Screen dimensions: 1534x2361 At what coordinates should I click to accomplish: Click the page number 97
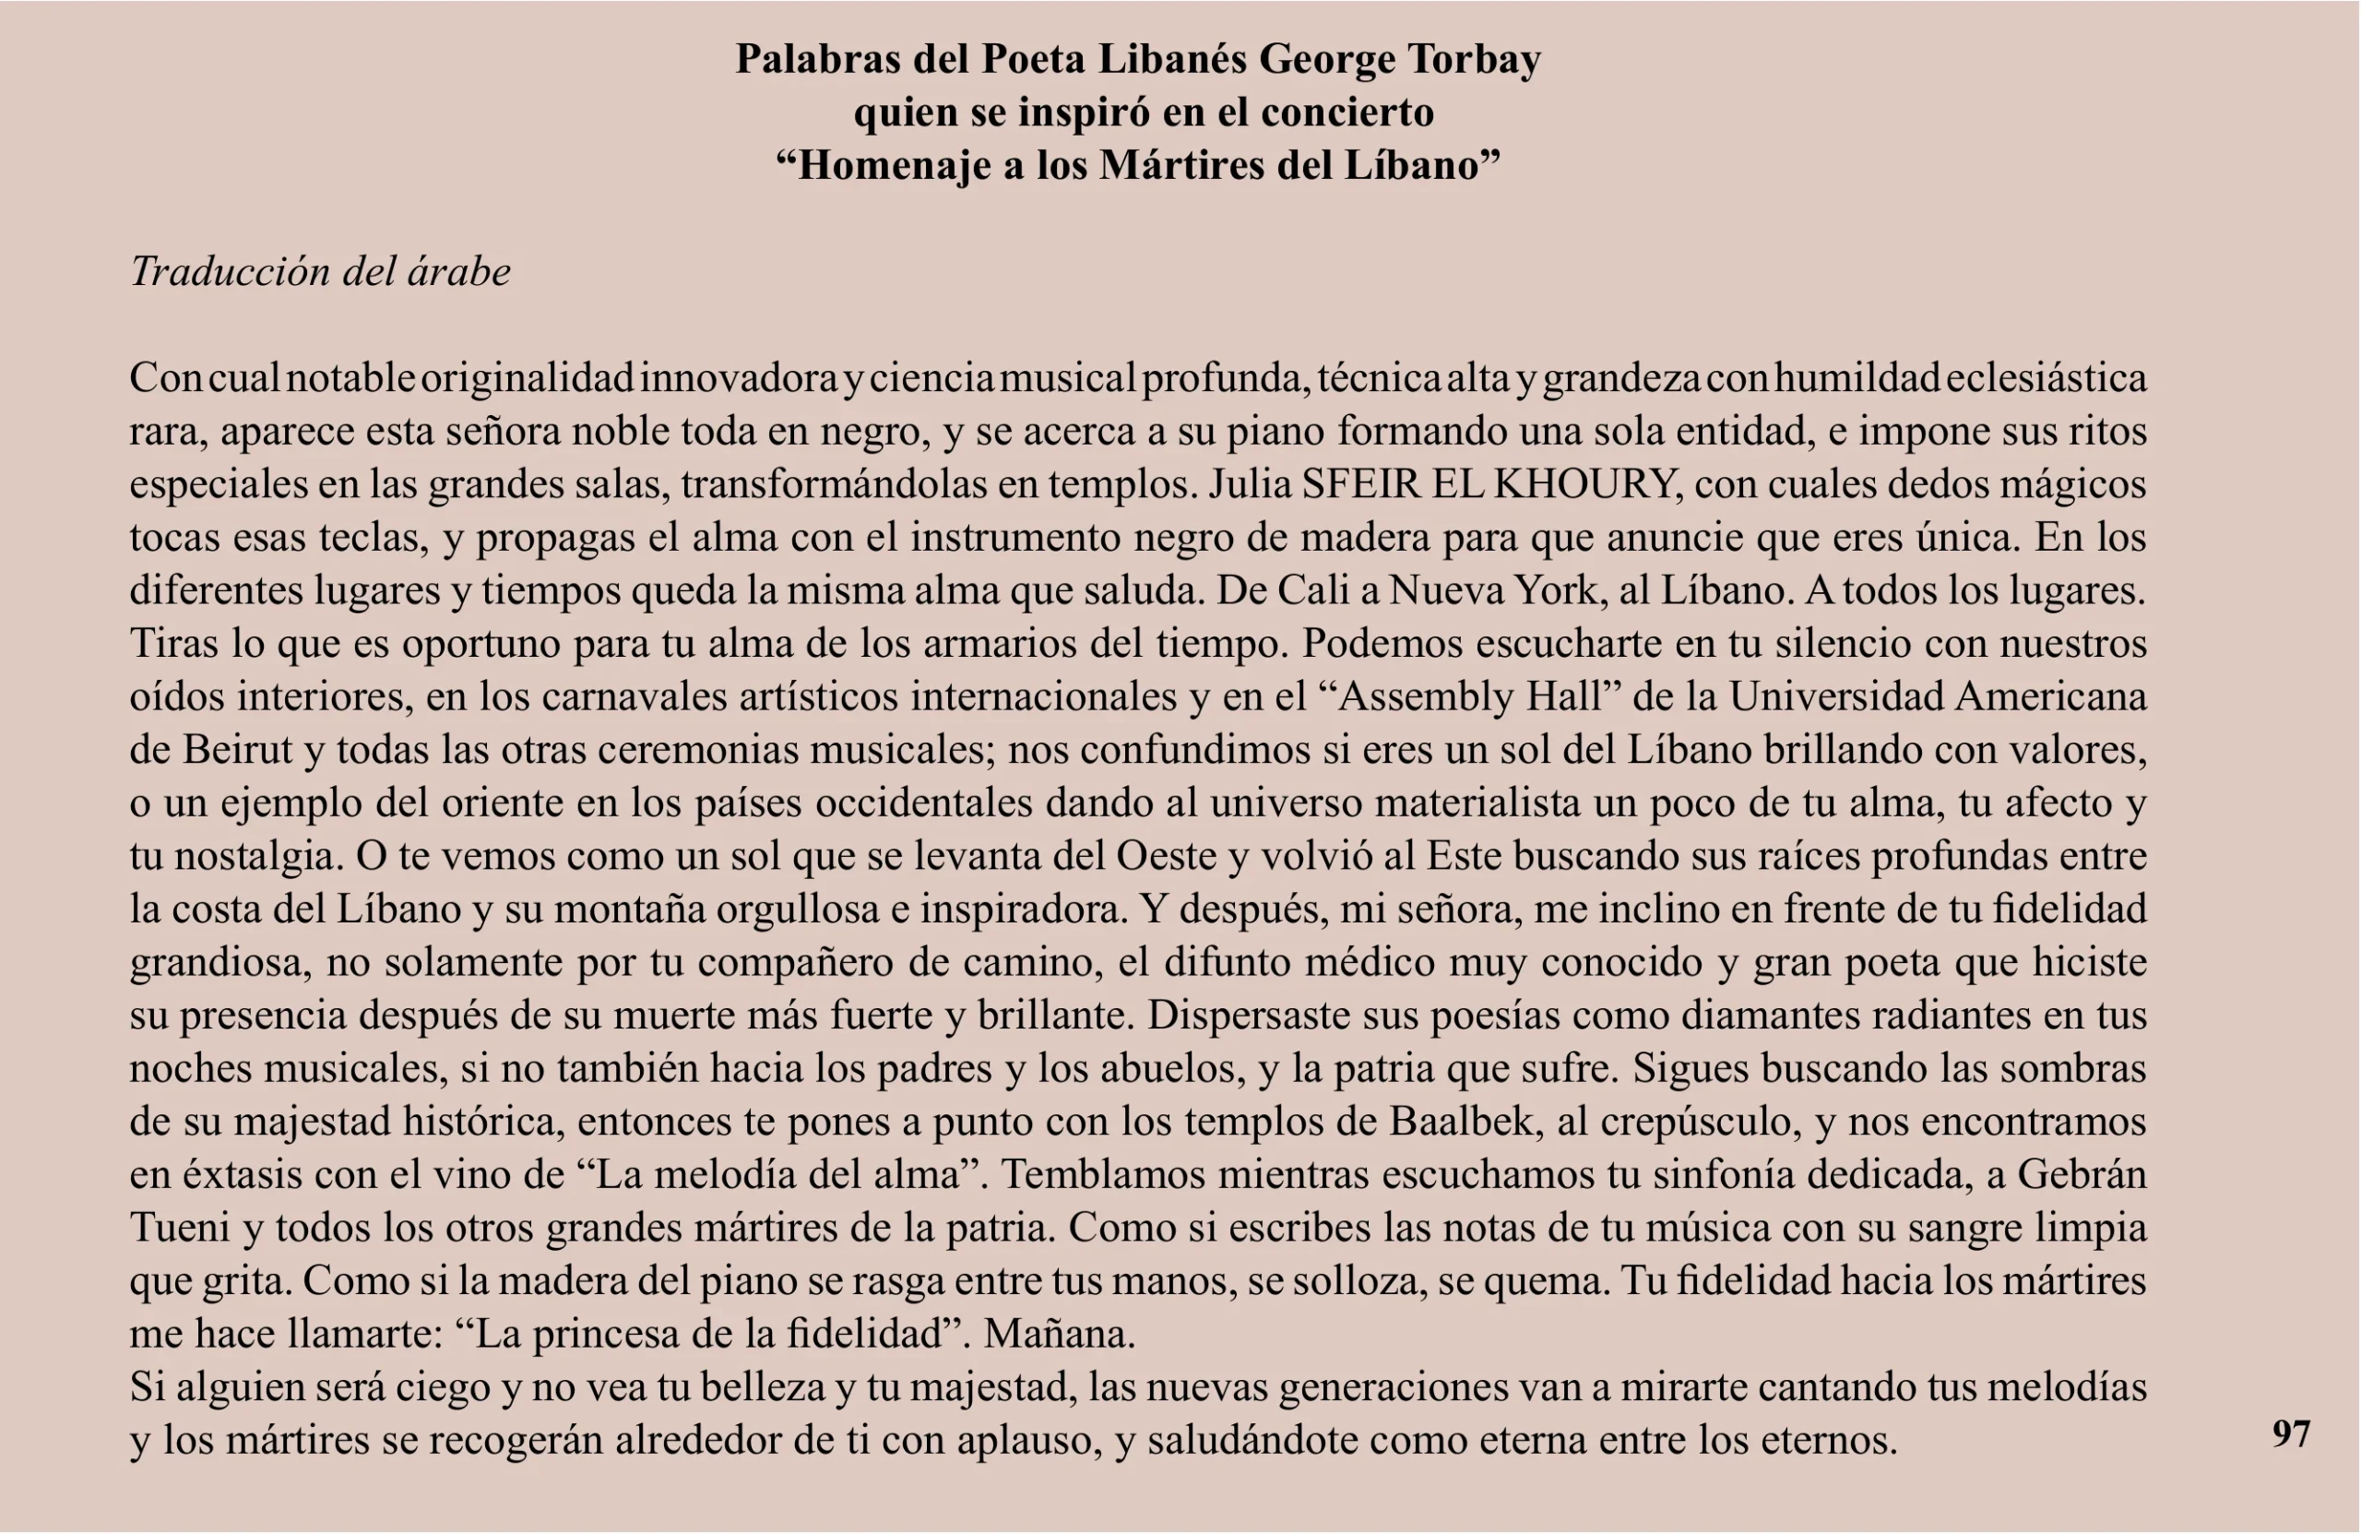tap(2291, 1433)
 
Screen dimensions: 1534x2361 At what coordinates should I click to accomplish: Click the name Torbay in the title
tap(1473, 60)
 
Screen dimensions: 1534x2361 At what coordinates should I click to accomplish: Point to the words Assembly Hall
tap(1470, 696)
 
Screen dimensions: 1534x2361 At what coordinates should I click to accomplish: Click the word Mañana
tap(1059, 1335)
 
